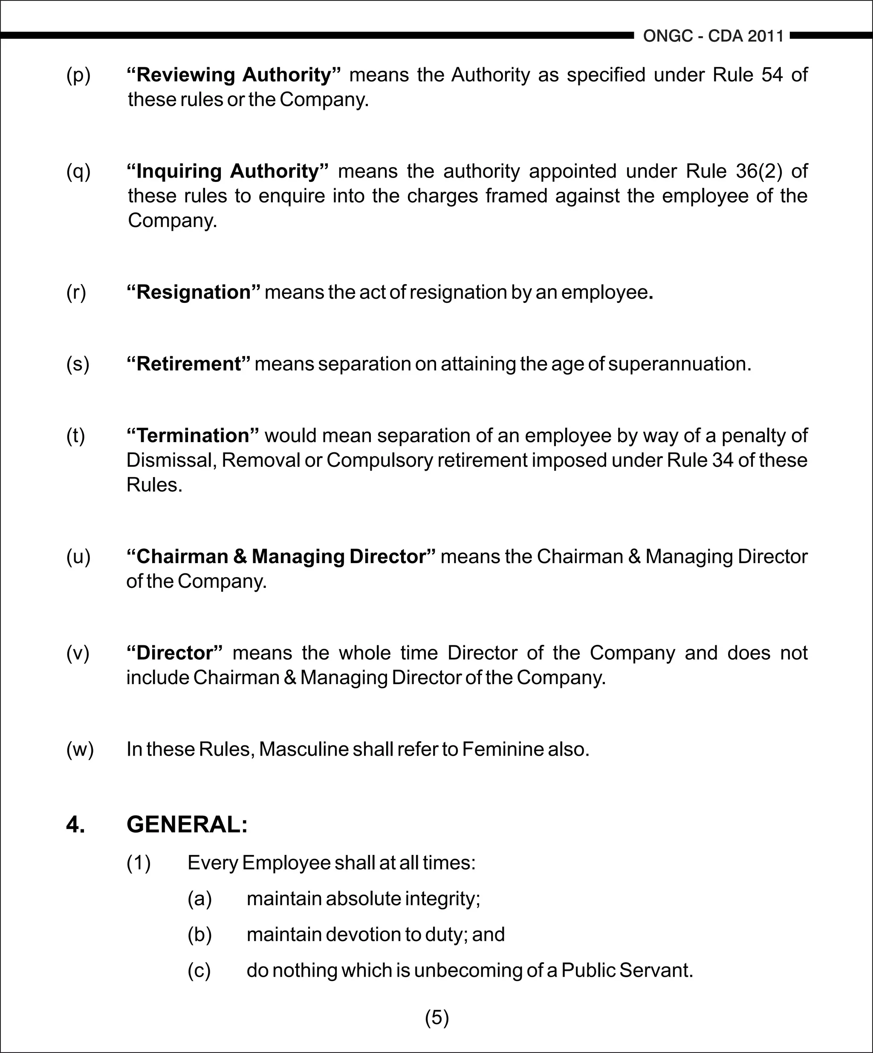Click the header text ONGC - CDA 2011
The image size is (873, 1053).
tap(713, 36)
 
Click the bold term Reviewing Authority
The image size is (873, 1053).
tap(234, 75)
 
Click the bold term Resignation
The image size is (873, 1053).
tap(194, 292)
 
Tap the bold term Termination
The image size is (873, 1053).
tap(193, 436)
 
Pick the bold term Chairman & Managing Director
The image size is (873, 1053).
tap(281, 557)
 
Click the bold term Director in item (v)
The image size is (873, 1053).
tap(175, 653)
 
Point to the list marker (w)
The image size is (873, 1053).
tap(80, 749)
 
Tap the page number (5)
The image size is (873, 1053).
tap(436, 1017)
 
